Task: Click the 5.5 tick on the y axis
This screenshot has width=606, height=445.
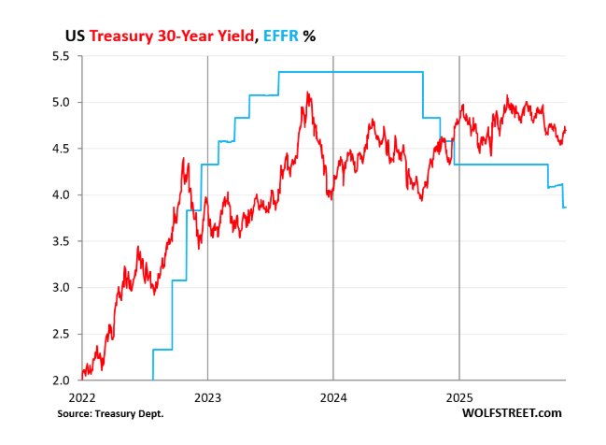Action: pos(60,56)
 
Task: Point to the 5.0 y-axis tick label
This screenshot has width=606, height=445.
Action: pos(60,102)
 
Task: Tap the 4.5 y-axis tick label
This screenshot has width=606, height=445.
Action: pos(60,149)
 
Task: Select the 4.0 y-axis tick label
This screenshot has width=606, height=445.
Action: pos(60,194)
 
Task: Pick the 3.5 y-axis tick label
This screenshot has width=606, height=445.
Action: pos(60,241)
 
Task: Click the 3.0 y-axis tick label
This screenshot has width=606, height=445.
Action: pos(60,287)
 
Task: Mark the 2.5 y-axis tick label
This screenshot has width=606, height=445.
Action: pos(60,334)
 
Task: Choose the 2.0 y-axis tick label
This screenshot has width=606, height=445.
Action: pos(60,380)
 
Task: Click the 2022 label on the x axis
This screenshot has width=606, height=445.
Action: pos(81,395)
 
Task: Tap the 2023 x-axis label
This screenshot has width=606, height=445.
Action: pos(207,395)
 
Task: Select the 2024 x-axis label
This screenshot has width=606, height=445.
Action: pos(333,395)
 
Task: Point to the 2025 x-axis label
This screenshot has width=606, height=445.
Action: pos(459,395)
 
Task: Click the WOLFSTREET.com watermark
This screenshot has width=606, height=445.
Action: pos(517,412)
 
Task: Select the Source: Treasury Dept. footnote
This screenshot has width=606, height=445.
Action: pos(110,412)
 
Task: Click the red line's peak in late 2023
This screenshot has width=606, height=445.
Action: pos(308,93)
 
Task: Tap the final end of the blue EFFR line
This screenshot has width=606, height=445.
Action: pos(566,207)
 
